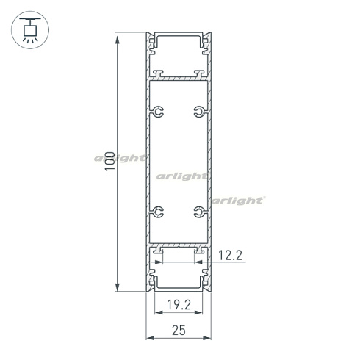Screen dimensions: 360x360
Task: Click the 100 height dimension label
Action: coord(109,162)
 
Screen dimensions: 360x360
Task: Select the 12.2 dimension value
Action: coord(231,256)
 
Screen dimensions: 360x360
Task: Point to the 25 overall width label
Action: coord(179,330)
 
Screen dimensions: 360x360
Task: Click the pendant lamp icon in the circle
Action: coord(30,30)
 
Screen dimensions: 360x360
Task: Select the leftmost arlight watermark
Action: coord(119,157)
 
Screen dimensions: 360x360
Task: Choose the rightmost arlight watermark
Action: coord(239,199)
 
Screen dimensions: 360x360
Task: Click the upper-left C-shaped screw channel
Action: coord(159,112)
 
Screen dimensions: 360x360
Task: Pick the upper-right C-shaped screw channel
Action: coord(198,112)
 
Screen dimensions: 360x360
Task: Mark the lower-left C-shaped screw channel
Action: coord(159,212)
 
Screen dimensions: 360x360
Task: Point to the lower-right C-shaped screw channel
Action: coord(198,212)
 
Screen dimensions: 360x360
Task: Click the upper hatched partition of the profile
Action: coord(179,76)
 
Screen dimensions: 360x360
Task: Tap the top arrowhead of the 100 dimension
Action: coord(117,37)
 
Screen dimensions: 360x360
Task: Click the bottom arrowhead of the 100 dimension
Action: coord(117,287)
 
